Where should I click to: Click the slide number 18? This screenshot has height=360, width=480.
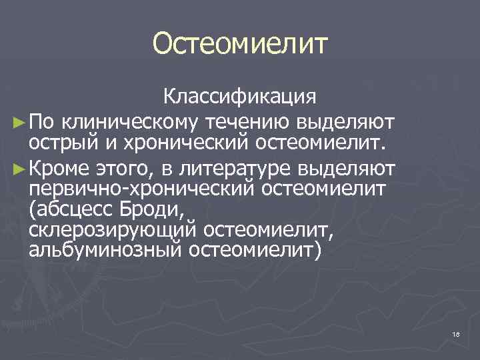pos(456,333)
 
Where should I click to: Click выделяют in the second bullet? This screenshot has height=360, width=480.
pos(357,166)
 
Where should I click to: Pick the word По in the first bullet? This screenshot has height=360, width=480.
pos(47,122)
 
